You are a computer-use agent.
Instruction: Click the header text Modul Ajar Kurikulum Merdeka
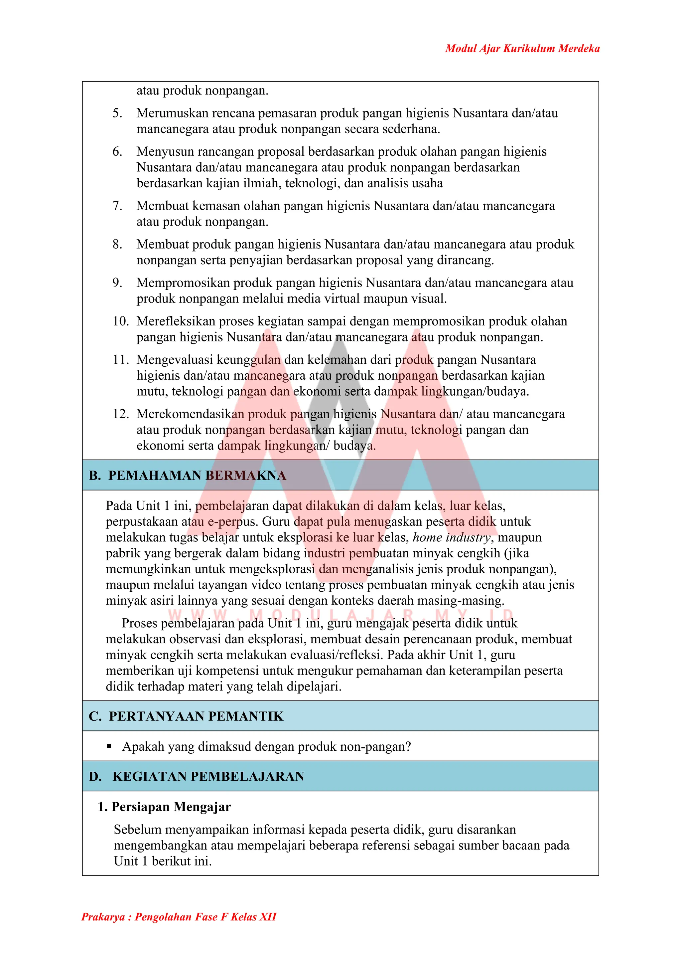click(x=522, y=49)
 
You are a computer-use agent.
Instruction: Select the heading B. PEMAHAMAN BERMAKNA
click(x=188, y=475)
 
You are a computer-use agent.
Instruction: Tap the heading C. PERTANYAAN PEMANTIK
click(x=186, y=716)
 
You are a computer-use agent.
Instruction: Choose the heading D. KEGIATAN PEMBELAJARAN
click(x=197, y=776)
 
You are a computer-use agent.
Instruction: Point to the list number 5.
click(x=117, y=113)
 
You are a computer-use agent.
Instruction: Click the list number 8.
click(x=117, y=244)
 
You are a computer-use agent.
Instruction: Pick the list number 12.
click(x=120, y=414)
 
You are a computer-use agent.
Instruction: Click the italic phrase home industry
click(x=451, y=537)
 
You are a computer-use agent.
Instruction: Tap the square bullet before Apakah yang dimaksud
click(x=109, y=746)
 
